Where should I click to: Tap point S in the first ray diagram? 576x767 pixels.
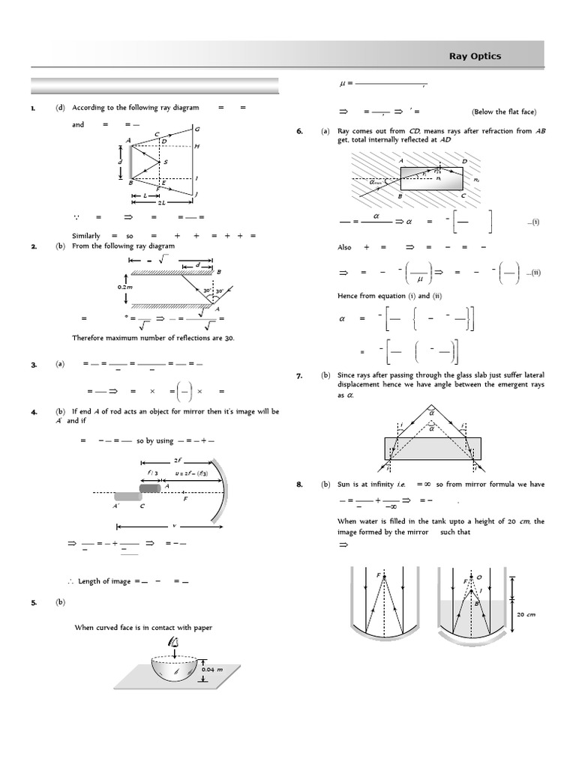click(165, 162)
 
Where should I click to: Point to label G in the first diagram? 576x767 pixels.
click(196, 129)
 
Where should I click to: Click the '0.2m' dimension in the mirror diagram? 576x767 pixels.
click(124, 286)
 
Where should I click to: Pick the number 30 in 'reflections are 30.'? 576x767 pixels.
click(229, 338)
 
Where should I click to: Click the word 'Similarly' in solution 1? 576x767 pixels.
click(86, 235)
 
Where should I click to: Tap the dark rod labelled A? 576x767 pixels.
click(150, 488)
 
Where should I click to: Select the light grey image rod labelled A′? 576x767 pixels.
click(127, 496)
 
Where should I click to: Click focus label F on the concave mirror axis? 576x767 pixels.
click(185, 499)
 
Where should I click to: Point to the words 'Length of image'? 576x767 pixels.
click(104, 581)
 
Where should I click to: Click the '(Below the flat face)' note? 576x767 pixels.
click(503, 112)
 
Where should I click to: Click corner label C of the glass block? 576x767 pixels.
click(463, 195)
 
